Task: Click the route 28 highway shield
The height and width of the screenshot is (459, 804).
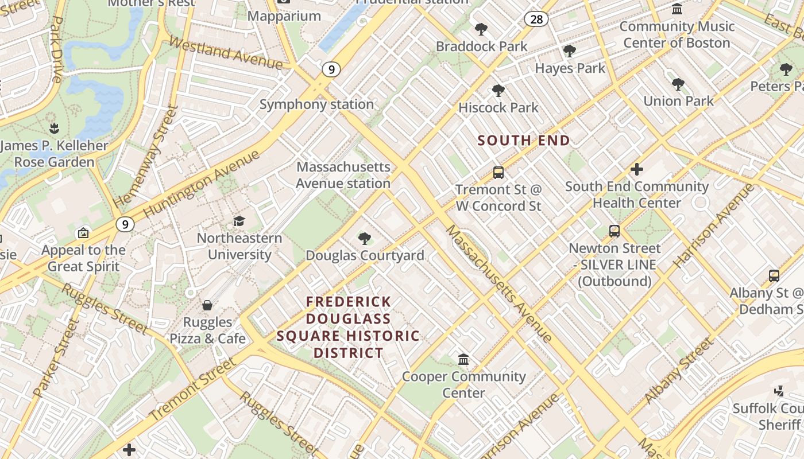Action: click(536, 20)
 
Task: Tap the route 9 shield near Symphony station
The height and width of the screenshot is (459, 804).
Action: click(330, 69)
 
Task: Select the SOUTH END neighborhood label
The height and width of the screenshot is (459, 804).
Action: click(524, 141)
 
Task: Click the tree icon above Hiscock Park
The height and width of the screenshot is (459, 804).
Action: click(498, 91)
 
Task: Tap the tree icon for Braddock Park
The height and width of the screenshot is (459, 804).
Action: click(481, 29)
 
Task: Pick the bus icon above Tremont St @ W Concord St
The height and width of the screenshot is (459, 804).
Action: click(498, 173)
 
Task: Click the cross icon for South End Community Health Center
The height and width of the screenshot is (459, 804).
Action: click(636, 169)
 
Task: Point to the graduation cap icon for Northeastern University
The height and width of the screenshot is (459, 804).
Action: click(239, 221)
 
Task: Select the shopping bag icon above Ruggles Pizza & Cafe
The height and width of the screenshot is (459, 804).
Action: click(207, 305)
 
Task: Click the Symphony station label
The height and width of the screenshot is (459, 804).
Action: click(316, 104)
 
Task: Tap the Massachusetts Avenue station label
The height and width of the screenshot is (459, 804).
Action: click(343, 175)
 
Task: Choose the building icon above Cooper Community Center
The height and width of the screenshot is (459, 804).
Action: click(463, 360)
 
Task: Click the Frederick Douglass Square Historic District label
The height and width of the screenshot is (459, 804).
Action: click(348, 327)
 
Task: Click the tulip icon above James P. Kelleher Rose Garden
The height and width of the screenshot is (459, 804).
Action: click(54, 129)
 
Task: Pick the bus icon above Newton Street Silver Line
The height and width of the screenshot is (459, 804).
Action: click(614, 231)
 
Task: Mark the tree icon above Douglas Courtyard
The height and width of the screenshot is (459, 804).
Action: click(364, 239)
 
